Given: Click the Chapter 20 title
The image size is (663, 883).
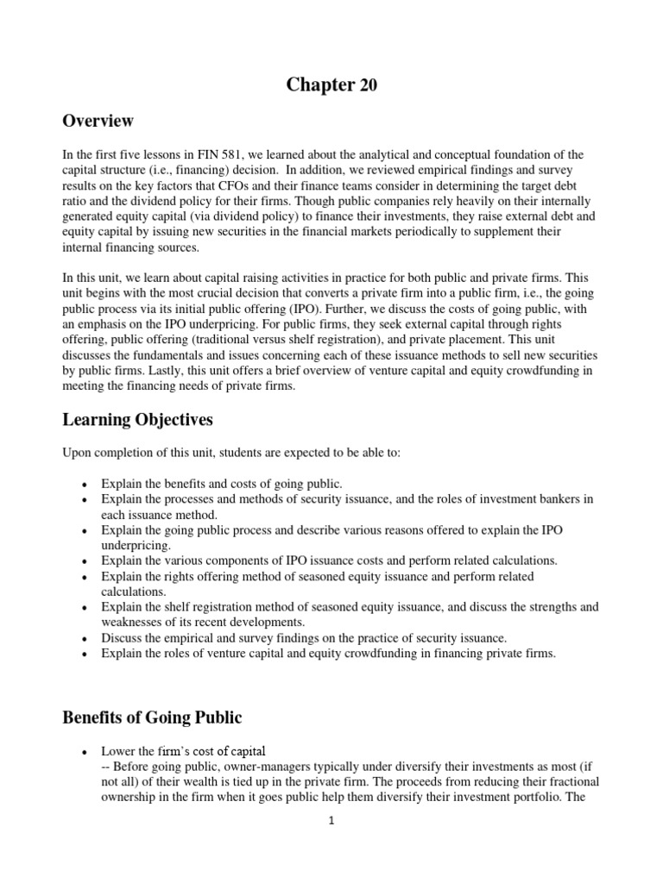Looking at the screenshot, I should (331, 85).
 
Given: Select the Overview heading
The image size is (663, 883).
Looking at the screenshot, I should (98, 121).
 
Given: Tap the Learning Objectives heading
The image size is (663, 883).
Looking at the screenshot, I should (137, 420).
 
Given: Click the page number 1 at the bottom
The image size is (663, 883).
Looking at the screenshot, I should (331, 821).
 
